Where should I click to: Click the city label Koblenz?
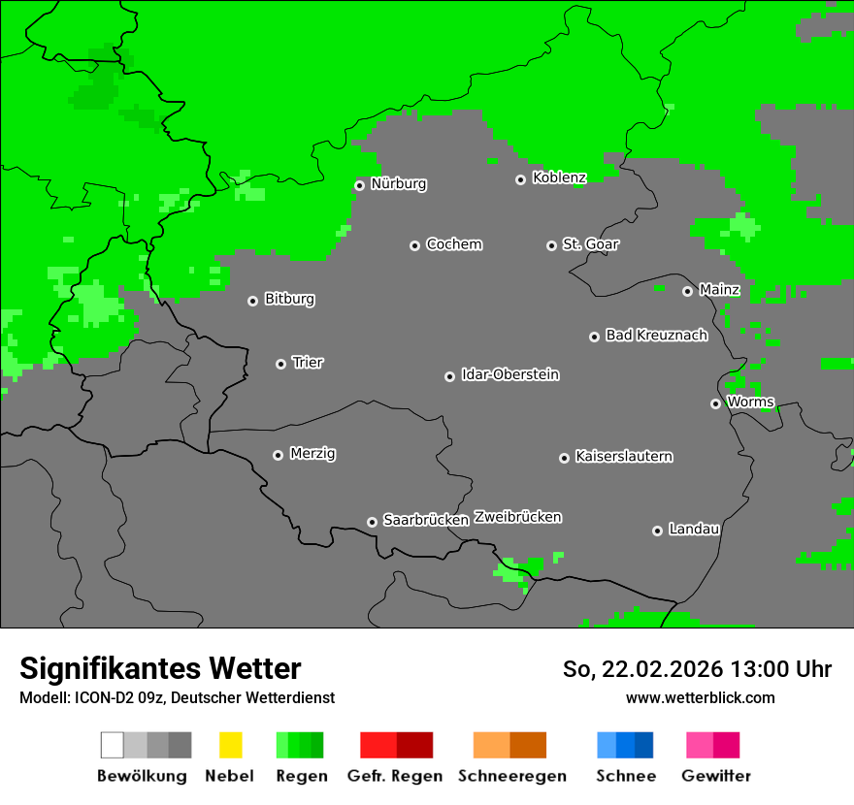point(559,178)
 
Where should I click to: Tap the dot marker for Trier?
point(280,364)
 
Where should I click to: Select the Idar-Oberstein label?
point(510,375)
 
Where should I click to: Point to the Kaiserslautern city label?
point(624,457)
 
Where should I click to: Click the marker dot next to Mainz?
point(687,291)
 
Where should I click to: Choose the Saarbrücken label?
point(426,521)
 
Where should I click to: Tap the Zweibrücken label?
point(517,518)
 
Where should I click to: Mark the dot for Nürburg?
point(359,185)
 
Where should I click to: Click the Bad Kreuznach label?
point(656,336)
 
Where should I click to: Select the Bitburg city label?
point(289,300)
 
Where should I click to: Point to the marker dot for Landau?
point(657,531)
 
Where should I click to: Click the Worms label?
point(750,402)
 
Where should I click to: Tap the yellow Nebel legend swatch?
point(230,745)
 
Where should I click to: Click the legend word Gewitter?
point(716,776)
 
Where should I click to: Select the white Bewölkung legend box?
point(113,745)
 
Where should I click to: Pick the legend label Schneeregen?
point(512,776)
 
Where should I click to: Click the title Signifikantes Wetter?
point(160,669)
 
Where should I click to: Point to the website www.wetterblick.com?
point(700,697)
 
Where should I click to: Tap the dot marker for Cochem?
point(414,245)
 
